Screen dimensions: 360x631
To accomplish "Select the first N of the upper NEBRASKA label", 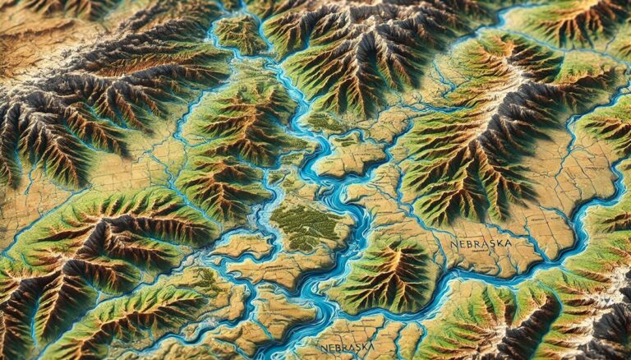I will (x=454, y=243).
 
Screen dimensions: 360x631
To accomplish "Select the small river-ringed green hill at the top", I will (x=240, y=33).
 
